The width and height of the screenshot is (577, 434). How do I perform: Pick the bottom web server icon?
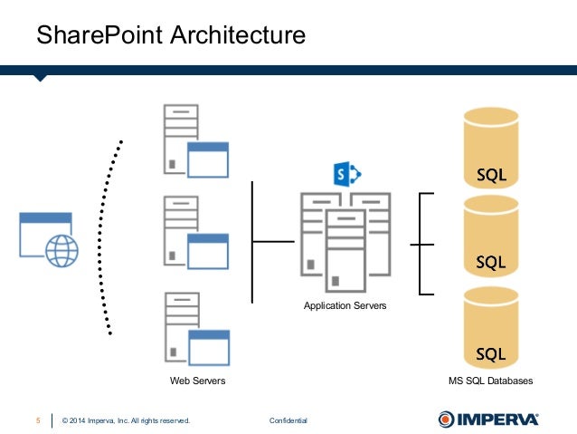(194, 328)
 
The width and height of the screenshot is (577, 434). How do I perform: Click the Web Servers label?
(197, 381)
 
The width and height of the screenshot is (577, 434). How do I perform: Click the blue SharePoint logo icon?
(346, 174)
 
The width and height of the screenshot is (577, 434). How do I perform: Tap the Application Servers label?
(345, 306)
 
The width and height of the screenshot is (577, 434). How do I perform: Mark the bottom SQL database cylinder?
(491, 330)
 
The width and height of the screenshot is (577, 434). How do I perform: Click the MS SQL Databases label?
(491, 381)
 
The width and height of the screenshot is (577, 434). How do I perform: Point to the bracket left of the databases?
(421, 244)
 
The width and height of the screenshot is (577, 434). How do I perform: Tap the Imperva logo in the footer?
(488, 419)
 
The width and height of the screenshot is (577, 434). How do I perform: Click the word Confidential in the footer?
(288, 420)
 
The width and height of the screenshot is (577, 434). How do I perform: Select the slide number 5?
(38, 420)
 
